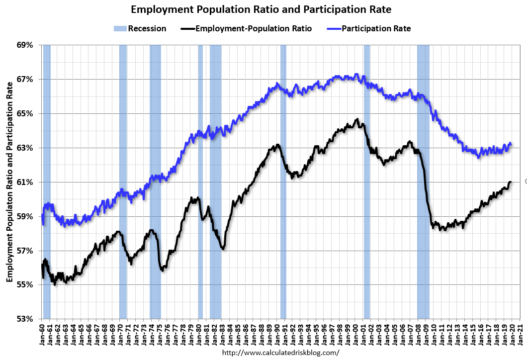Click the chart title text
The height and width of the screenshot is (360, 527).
pyautogui.click(x=261, y=9)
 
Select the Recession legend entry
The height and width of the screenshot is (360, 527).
pyautogui.click(x=139, y=28)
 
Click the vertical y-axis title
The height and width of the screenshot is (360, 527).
pyautogui.click(x=9, y=181)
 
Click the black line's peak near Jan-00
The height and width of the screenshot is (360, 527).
pyautogui.click(x=356, y=119)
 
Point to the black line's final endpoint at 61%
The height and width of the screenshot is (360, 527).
pyautogui.click(x=511, y=182)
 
